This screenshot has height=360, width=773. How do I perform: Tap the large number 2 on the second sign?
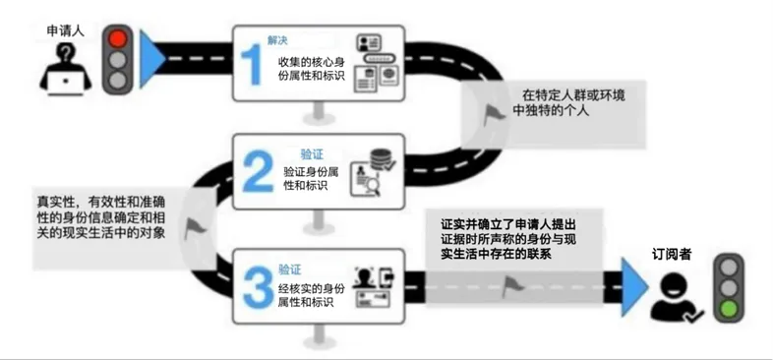point(255,171)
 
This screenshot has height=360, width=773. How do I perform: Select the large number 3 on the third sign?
point(255,280)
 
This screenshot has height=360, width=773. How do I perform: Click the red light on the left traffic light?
point(118,40)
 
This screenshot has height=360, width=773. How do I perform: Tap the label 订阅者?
point(674,253)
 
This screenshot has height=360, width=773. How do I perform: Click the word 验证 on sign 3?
point(290,267)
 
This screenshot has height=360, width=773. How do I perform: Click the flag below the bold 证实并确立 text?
point(510,287)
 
